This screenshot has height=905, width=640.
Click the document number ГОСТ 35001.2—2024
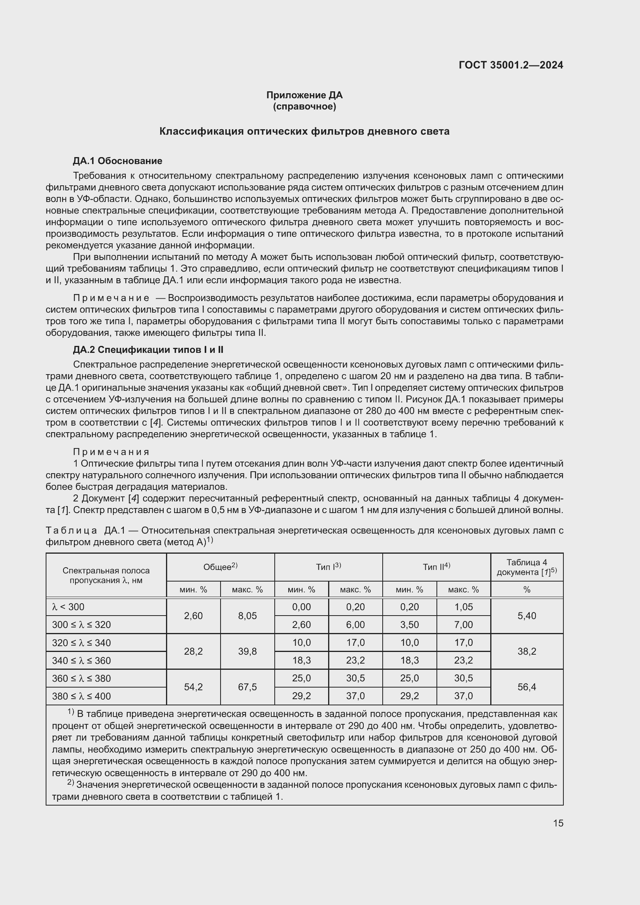click(511, 65)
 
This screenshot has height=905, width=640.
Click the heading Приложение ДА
click(304, 95)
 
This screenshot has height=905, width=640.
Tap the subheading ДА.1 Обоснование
click(118, 161)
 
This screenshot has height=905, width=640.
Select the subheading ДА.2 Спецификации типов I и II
click(148, 350)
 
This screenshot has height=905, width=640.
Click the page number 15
click(558, 823)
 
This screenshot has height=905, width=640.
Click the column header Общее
click(220, 567)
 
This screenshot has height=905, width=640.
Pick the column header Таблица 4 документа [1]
click(527, 567)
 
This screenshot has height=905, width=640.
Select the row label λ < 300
click(68, 607)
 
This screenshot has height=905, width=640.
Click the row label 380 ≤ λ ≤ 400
click(81, 696)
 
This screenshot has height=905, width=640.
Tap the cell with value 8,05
click(247, 616)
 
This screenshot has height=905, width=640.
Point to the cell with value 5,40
click(527, 616)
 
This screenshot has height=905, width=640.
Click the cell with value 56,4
click(527, 687)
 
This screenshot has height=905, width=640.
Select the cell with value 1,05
click(463, 607)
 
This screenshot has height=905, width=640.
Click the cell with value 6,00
click(355, 625)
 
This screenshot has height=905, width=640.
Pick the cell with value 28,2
click(193, 652)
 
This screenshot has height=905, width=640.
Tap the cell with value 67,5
click(247, 687)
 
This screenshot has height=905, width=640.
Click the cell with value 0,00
click(301, 607)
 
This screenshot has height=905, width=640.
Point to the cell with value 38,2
click(527, 652)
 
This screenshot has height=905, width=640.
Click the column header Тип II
click(436, 567)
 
